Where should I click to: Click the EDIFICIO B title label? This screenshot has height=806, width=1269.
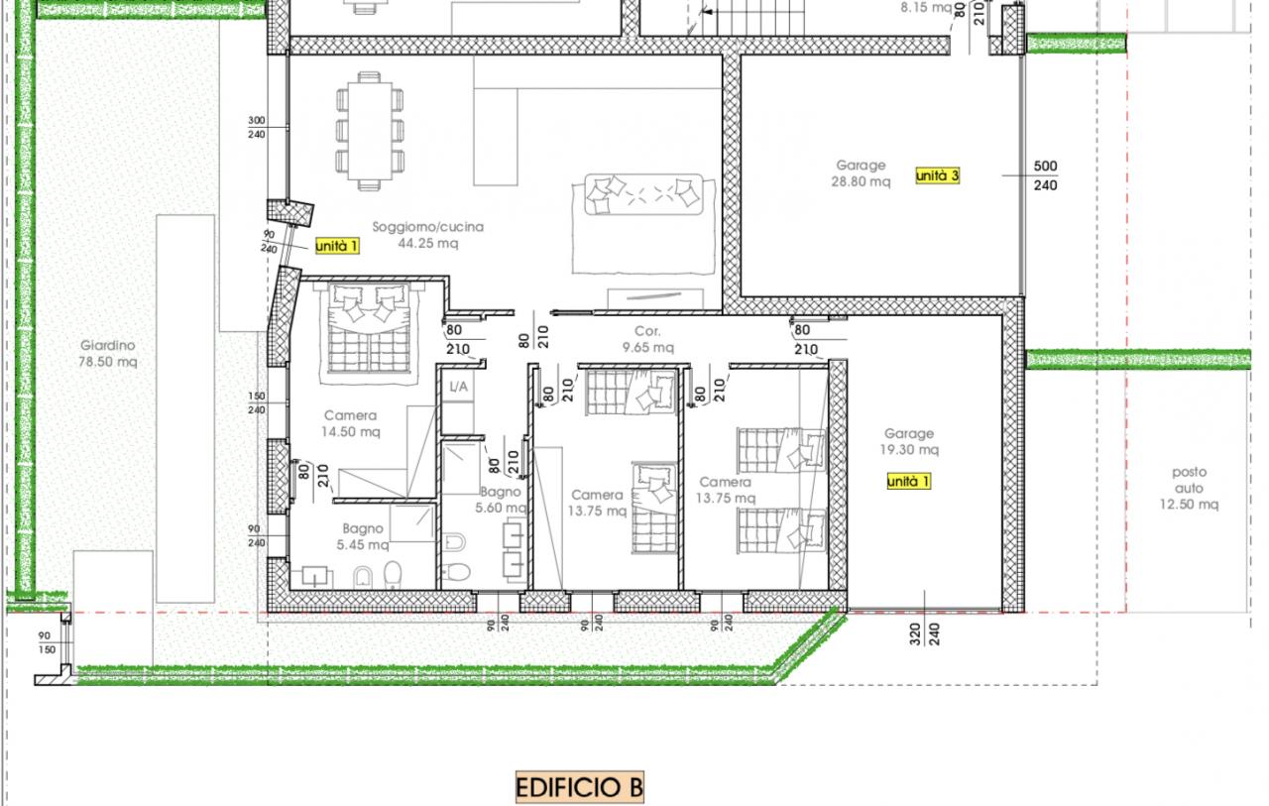[x=580, y=787]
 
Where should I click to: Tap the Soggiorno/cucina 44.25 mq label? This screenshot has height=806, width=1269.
[x=427, y=235]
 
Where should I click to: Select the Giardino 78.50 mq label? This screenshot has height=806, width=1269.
[x=108, y=354]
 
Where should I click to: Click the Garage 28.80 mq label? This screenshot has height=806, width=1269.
[x=861, y=173]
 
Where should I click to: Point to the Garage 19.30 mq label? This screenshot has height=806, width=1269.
[x=909, y=441]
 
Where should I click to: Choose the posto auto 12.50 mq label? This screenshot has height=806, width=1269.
[x=1189, y=488]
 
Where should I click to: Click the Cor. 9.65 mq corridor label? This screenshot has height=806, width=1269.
[x=647, y=339]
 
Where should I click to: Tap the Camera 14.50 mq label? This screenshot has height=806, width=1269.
[x=351, y=423]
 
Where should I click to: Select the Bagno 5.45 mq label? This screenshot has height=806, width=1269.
[x=363, y=536]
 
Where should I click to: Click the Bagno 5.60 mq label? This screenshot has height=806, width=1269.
[x=501, y=500]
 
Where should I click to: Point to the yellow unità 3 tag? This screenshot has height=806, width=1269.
[x=938, y=175]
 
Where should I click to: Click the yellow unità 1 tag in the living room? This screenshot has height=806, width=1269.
[x=337, y=246]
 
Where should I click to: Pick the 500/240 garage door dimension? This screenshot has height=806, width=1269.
[x=1045, y=175]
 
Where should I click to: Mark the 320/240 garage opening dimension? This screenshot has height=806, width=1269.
[x=925, y=634]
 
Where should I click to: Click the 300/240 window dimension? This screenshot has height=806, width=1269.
[x=256, y=128]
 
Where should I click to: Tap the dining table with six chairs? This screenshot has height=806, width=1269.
[x=370, y=131]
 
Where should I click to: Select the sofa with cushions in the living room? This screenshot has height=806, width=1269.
[x=643, y=194]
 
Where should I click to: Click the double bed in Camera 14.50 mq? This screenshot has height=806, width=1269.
[x=369, y=328]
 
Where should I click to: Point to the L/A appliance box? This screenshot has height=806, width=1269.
[x=458, y=387]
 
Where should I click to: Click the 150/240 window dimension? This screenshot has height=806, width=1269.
[x=256, y=403]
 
